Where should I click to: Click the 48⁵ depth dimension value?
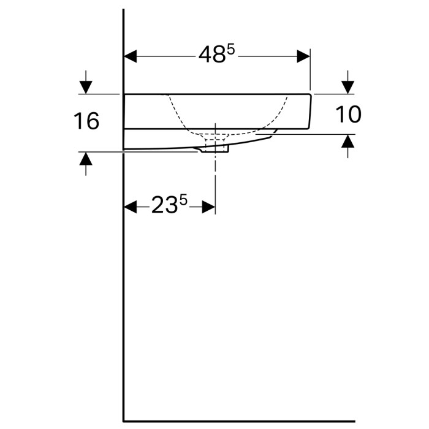[x=216, y=55]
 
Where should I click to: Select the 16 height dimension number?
[x=86, y=121]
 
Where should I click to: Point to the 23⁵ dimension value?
[x=169, y=206]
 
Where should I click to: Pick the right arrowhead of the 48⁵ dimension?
[x=304, y=56]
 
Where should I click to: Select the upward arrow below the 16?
[x=86, y=159]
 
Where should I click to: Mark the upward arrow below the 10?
[x=347, y=142]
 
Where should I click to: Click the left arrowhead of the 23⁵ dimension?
[x=130, y=207]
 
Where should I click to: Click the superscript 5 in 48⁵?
[x=230, y=50]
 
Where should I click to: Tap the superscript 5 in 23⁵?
[x=183, y=200]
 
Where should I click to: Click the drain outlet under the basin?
[x=216, y=149]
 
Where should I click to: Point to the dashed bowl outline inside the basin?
[x=178, y=116]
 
